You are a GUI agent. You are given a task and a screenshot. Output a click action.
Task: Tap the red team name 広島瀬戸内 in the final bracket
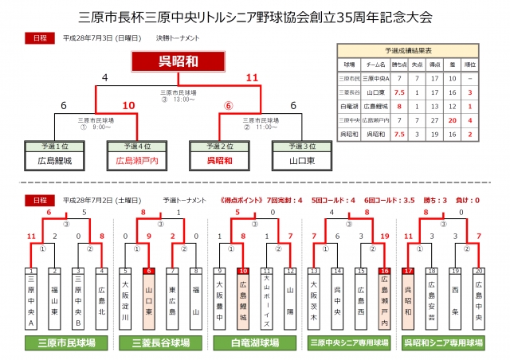tap(135, 160)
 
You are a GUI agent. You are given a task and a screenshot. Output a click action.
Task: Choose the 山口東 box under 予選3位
tap(299, 160)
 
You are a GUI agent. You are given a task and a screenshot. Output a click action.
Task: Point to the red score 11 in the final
tap(253, 77)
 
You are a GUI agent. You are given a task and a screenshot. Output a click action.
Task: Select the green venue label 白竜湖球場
tap(255, 342)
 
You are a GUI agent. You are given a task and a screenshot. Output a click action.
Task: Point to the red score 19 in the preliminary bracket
tap(385, 237)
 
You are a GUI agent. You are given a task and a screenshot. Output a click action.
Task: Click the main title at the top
tap(255, 16)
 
